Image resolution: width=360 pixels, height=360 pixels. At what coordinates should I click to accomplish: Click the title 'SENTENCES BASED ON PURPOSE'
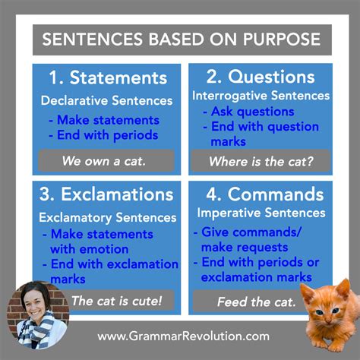point(179,39)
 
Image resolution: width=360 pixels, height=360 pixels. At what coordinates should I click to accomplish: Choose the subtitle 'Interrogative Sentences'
point(261,96)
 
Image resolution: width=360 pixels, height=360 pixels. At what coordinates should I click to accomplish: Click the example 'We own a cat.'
point(106,160)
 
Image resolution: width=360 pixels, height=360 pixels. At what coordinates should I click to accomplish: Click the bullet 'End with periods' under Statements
point(107,135)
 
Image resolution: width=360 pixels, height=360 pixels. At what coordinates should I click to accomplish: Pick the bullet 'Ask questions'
point(248,112)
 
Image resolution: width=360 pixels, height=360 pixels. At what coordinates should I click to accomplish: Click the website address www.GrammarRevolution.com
point(183,335)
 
